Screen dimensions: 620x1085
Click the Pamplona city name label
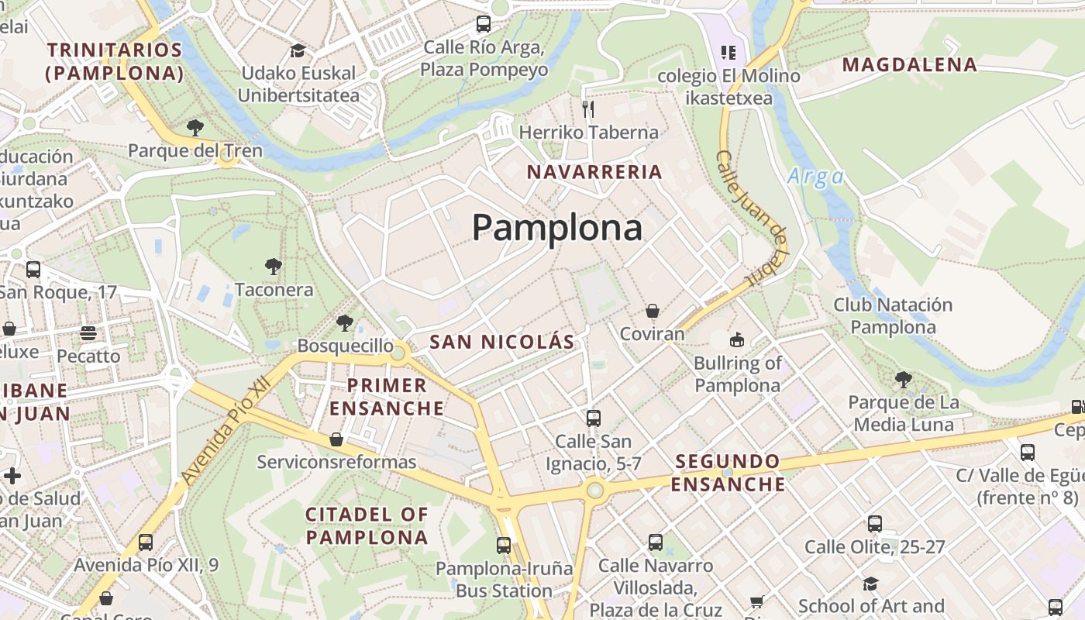(x=557, y=228)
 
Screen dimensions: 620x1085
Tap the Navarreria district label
(x=594, y=172)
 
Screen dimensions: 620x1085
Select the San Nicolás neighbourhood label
(x=502, y=342)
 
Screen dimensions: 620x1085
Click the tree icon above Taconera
(x=273, y=267)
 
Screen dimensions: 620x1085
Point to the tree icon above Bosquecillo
(x=345, y=323)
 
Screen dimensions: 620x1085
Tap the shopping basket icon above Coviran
(x=653, y=311)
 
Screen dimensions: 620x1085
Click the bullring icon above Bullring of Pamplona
(x=736, y=339)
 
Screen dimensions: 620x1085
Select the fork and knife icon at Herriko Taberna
(x=588, y=108)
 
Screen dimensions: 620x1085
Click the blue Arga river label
(x=815, y=177)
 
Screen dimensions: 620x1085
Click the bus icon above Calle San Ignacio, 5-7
(x=594, y=418)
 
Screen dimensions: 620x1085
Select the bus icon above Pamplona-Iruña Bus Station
(x=504, y=545)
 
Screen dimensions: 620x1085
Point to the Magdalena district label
(x=909, y=65)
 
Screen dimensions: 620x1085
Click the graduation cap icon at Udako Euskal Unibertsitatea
(x=298, y=51)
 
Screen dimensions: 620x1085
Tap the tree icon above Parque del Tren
(x=195, y=127)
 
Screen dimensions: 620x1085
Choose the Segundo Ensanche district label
(x=728, y=473)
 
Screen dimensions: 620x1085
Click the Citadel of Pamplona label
(x=367, y=525)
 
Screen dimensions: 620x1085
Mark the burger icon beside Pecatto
(x=88, y=333)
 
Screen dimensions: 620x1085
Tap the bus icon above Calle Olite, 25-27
(x=875, y=524)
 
